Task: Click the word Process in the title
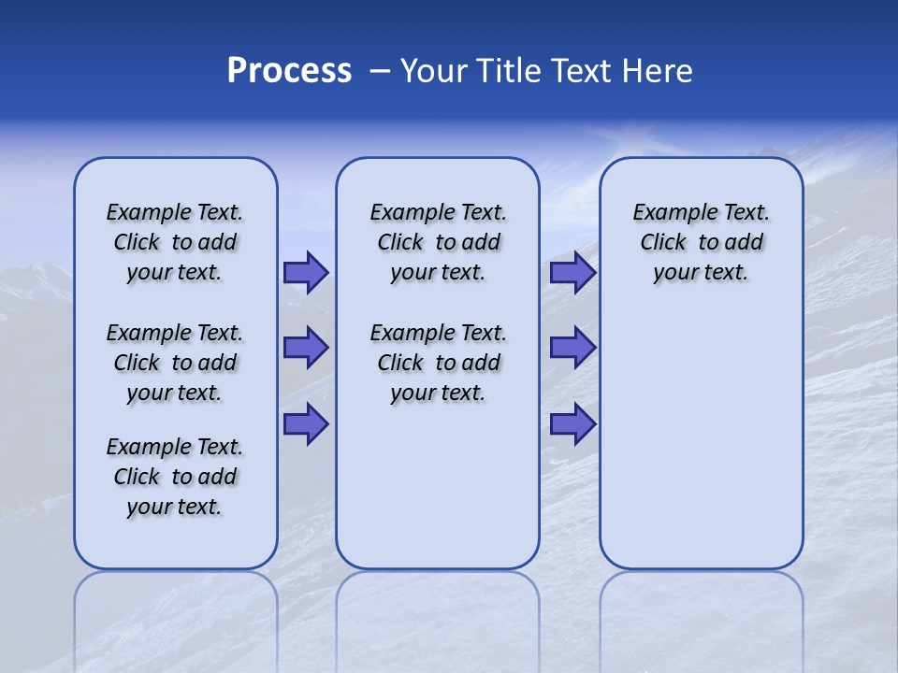click(x=289, y=70)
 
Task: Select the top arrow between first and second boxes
click(x=305, y=273)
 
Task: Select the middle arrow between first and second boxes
click(x=305, y=348)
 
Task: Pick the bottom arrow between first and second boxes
click(x=305, y=425)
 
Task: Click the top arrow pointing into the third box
click(x=572, y=273)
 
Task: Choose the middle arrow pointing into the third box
click(x=572, y=348)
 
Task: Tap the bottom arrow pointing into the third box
click(x=572, y=425)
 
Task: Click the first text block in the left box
click(x=175, y=242)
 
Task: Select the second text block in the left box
click(x=175, y=363)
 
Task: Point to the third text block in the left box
click(x=175, y=477)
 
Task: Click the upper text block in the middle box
click(x=438, y=242)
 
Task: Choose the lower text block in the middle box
click(x=438, y=363)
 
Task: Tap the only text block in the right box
click(x=701, y=242)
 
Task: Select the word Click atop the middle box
click(x=400, y=242)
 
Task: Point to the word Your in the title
click(x=433, y=70)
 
